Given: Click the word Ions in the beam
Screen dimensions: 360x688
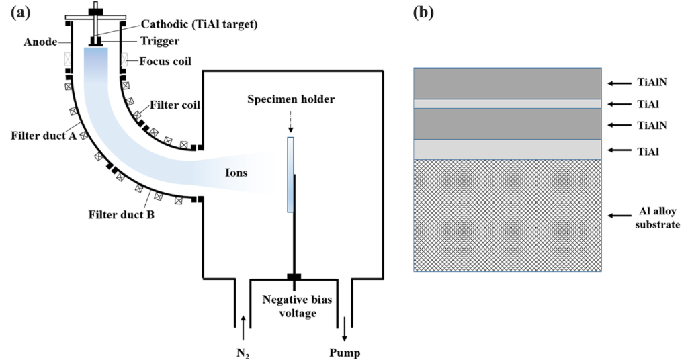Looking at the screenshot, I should (x=236, y=173).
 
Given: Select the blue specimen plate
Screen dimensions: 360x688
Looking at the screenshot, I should (x=290, y=174).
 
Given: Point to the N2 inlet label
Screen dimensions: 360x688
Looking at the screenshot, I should (x=243, y=352).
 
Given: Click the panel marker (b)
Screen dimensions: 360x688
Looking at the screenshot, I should (x=423, y=13).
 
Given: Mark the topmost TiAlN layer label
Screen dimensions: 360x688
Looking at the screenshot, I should (x=652, y=83).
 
